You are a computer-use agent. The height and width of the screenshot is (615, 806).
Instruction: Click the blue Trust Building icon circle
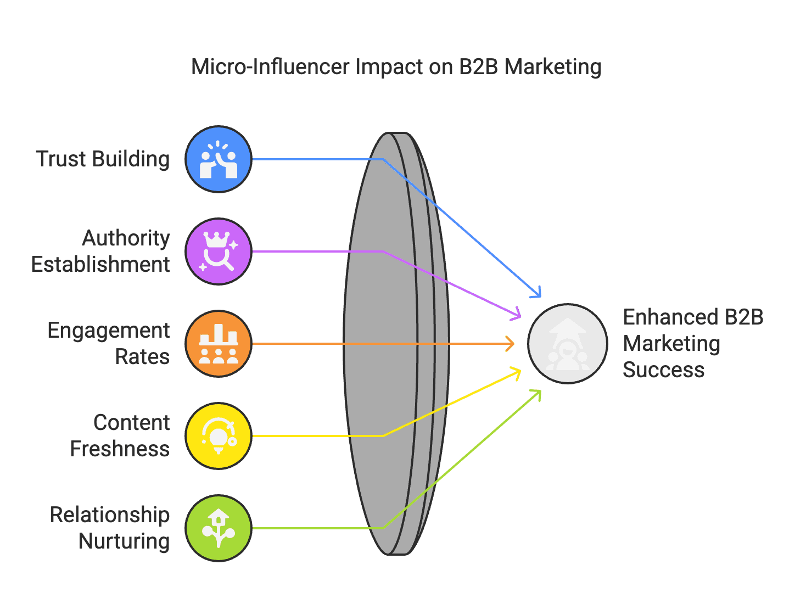click(x=219, y=159)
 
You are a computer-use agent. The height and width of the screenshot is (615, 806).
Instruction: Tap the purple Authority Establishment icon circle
click(x=219, y=251)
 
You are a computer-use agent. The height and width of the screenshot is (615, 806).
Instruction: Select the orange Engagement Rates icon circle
click(x=219, y=344)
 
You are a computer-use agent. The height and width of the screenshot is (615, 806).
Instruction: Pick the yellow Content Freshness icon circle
click(x=219, y=436)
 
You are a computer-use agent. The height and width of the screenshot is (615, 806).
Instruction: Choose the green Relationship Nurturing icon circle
click(x=219, y=528)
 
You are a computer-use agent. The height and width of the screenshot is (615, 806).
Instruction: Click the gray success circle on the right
click(x=568, y=344)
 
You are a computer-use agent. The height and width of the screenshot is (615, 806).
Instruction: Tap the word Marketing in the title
click(x=553, y=67)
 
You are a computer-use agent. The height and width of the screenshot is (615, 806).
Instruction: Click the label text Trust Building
click(x=103, y=159)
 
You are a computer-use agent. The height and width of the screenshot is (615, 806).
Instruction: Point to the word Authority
click(x=126, y=238)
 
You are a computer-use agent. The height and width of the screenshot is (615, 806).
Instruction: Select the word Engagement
click(x=109, y=331)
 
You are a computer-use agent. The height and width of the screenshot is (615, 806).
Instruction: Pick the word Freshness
click(x=120, y=449)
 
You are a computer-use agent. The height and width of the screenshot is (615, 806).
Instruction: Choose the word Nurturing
click(x=124, y=541)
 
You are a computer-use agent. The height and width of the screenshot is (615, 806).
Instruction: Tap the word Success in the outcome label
click(x=663, y=370)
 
